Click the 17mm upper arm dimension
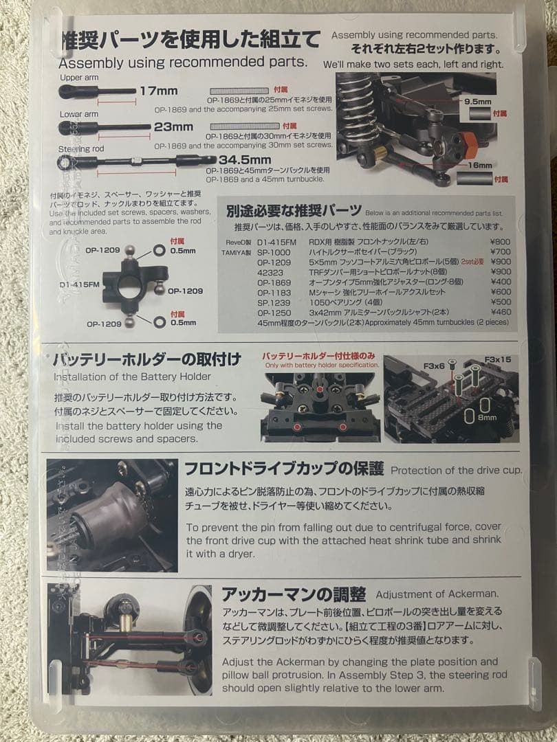[158, 90]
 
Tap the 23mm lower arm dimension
[173, 126]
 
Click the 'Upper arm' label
[80, 78]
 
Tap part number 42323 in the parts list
[270, 271]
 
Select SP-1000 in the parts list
[272, 252]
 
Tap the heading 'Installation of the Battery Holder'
[133, 376]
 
